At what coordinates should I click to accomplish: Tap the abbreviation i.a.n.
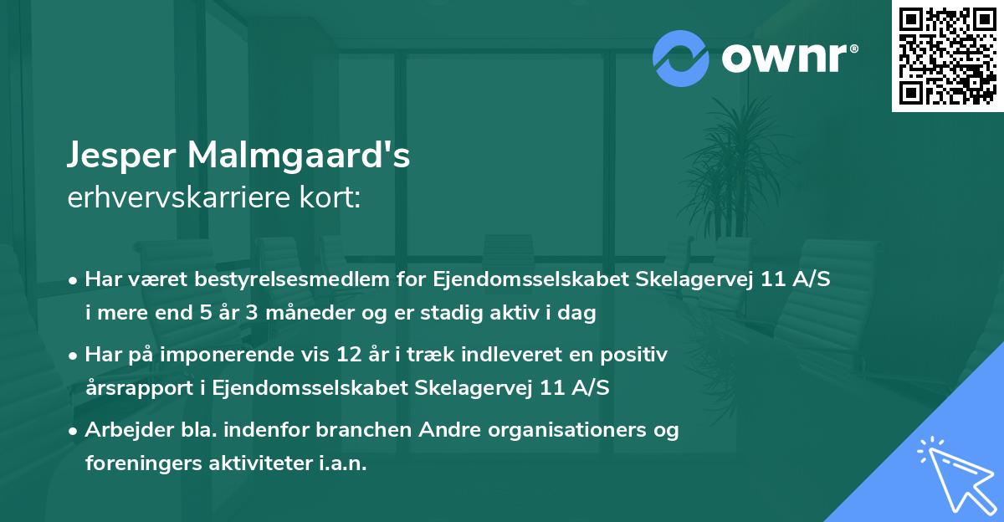(x=343, y=463)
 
